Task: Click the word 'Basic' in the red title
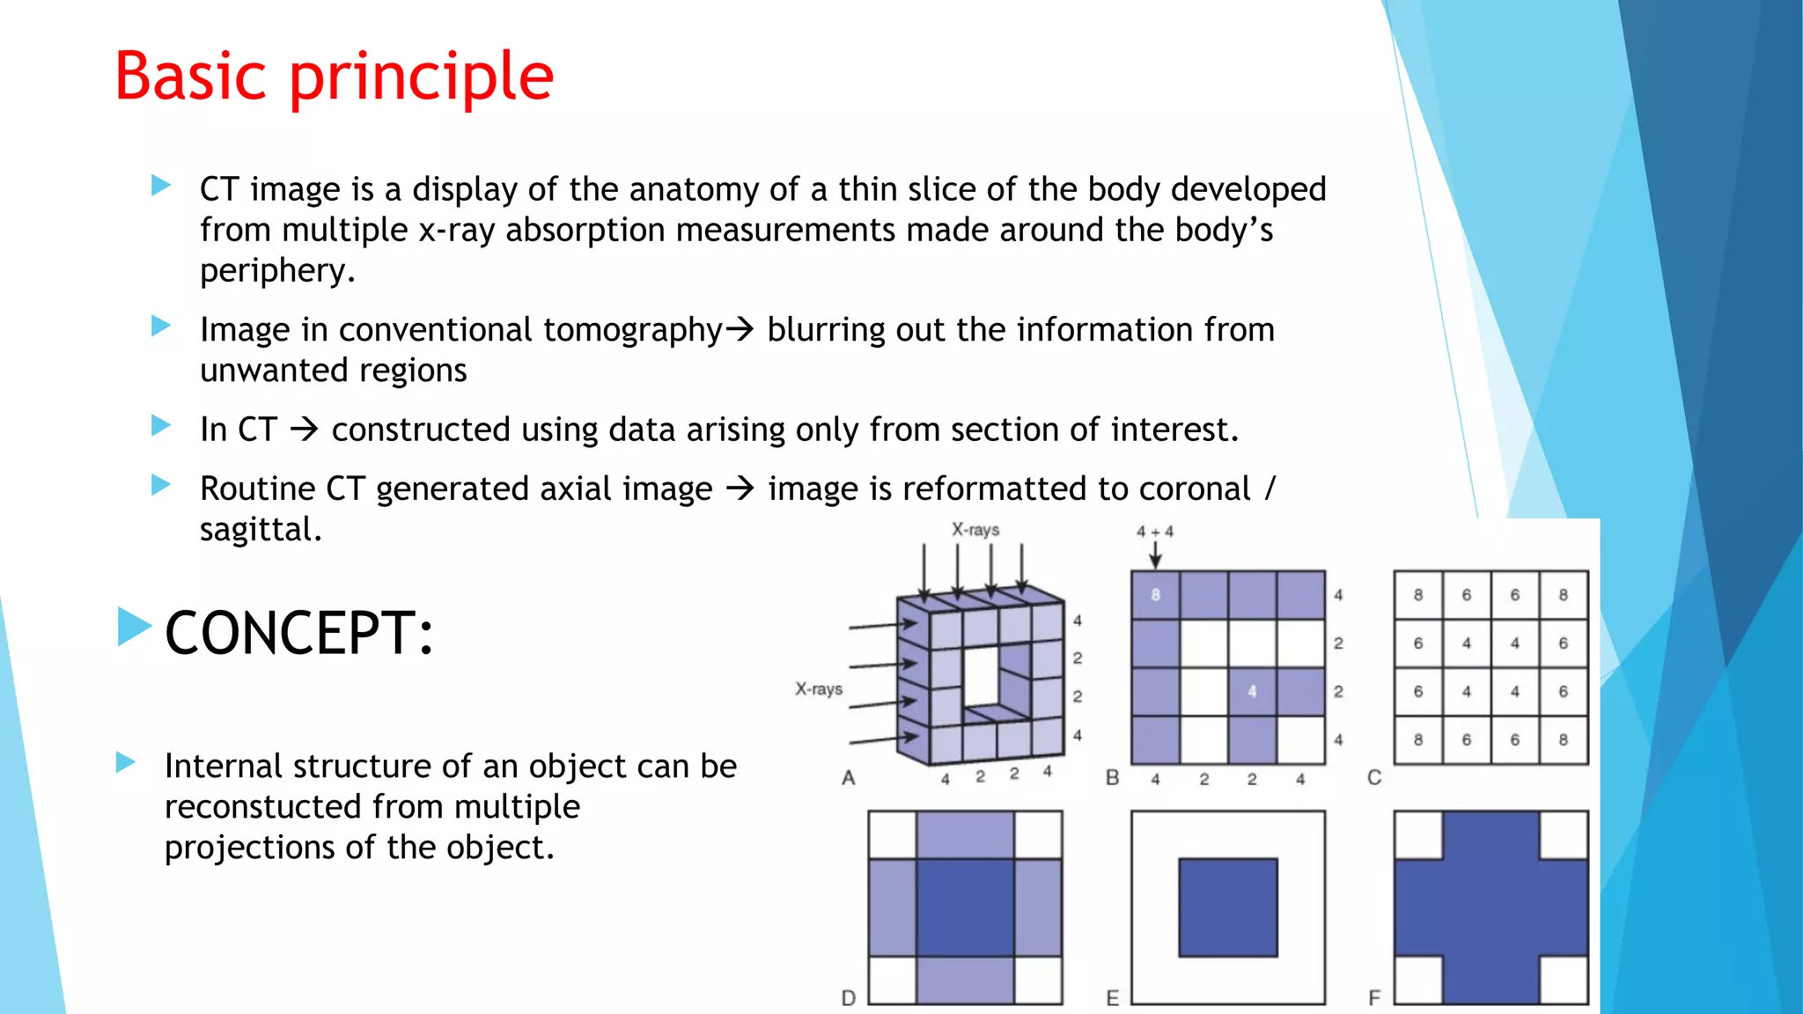pos(190,77)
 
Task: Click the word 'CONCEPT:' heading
pos(299,633)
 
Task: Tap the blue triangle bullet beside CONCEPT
pos(135,627)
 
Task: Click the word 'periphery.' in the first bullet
pos(277,270)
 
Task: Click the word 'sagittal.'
pos(261,530)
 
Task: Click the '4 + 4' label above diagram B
pos(1154,532)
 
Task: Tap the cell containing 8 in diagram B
pos(1155,595)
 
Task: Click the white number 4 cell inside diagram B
pos(1252,692)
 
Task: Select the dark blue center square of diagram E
pos(1227,907)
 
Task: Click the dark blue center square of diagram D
pos(965,907)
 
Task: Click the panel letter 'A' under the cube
pos(848,778)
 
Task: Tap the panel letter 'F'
pos(1374,998)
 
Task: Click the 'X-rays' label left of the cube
pos(819,689)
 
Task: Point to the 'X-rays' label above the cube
pos(975,530)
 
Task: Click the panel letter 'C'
pos(1374,778)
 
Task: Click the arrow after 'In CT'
pos(304,430)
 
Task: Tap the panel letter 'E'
pos(1113,998)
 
